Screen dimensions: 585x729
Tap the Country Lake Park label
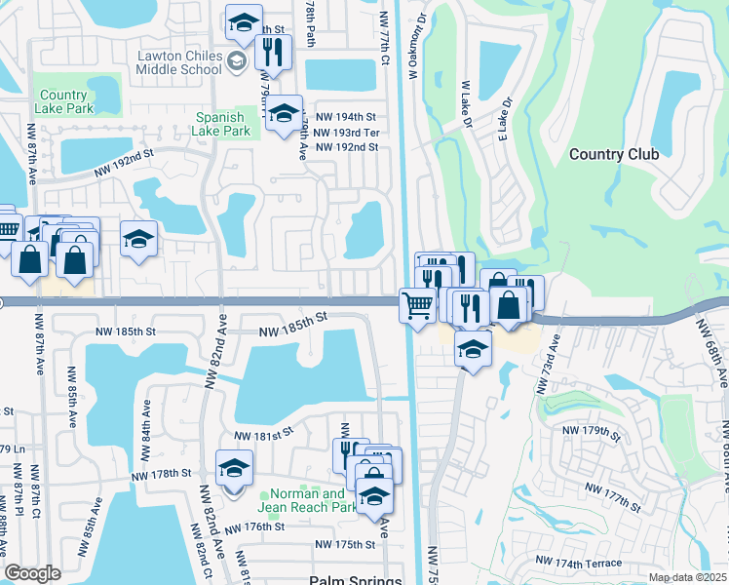point(67,101)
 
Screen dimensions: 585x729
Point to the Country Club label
point(613,154)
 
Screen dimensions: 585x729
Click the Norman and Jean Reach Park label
point(307,500)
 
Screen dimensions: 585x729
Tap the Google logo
point(32,573)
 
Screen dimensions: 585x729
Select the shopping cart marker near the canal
point(418,305)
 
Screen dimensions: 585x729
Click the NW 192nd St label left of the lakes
point(125,162)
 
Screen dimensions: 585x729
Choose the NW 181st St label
point(263,435)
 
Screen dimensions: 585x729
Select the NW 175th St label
point(345,544)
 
